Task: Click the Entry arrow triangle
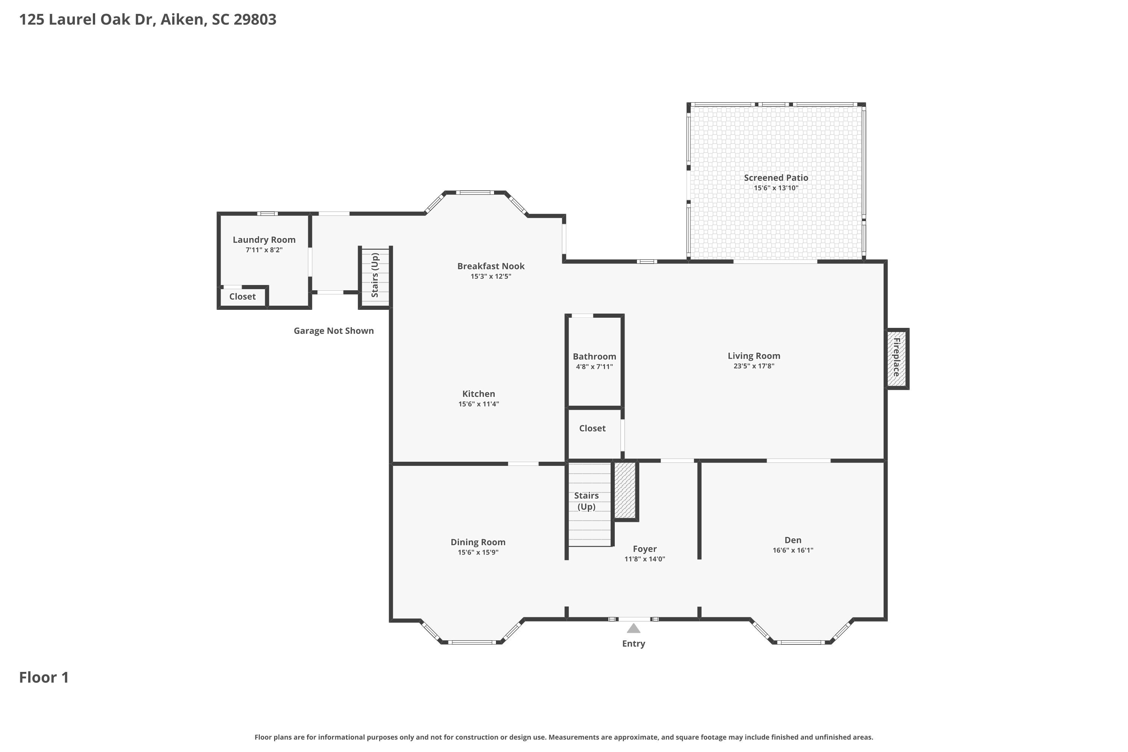tap(634, 628)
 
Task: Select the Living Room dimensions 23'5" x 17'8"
tap(754, 366)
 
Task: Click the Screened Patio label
tap(776, 177)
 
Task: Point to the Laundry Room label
tap(264, 240)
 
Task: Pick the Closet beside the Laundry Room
tap(242, 296)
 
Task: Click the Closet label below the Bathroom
tap(592, 428)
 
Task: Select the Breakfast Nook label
tap(491, 266)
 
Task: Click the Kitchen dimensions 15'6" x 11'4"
tap(479, 404)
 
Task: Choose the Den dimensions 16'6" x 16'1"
tap(793, 550)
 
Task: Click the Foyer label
tap(644, 549)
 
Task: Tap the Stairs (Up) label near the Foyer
tap(587, 501)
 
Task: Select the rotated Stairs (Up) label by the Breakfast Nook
tap(375, 275)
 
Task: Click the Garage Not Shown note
tap(334, 331)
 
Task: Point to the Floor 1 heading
tap(44, 677)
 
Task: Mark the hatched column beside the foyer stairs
tap(625, 490)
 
